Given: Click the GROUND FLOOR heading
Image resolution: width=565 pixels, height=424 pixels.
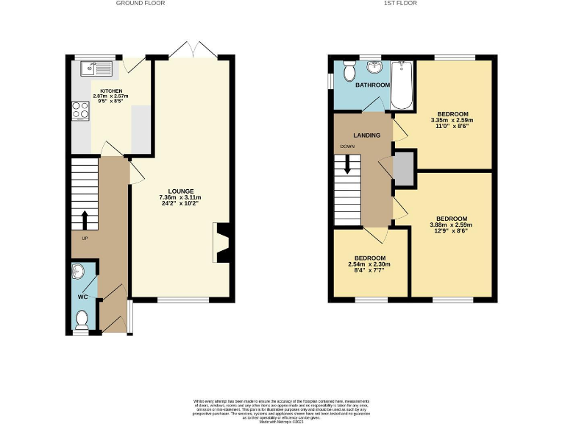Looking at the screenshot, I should [x=141, y=4].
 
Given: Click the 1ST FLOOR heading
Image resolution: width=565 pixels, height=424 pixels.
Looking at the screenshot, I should [x=401, y=4].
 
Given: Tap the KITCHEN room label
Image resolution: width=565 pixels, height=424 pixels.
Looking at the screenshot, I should [x=101, y=91].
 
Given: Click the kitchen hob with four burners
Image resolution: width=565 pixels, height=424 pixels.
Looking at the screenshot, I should [x=79, y=110].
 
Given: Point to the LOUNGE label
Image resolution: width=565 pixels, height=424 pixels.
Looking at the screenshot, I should [x=180, y=191].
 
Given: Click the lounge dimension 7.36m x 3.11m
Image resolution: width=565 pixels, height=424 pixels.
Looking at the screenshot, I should [x=180, y=198].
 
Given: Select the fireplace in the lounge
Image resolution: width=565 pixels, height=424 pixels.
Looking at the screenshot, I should [x=221, y=243].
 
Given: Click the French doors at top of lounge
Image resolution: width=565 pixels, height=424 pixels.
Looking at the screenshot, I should [x=191, y=52].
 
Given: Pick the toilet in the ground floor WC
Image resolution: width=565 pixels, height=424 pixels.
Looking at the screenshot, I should [x=82, y=319].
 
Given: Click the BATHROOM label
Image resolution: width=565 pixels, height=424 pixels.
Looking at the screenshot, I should [x=372, y=85].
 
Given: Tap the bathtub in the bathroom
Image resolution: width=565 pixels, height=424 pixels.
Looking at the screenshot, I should [x=401, y=85].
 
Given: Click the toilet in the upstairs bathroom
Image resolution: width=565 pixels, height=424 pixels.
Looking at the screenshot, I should [x=348, y=71].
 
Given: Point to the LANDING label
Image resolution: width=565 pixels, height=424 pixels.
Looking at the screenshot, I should [x=366, y=135].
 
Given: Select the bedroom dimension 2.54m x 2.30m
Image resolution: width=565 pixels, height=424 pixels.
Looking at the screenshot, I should [x=369, y=264].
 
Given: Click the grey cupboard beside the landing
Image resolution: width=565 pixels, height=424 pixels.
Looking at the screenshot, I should [x=403, y=169].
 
